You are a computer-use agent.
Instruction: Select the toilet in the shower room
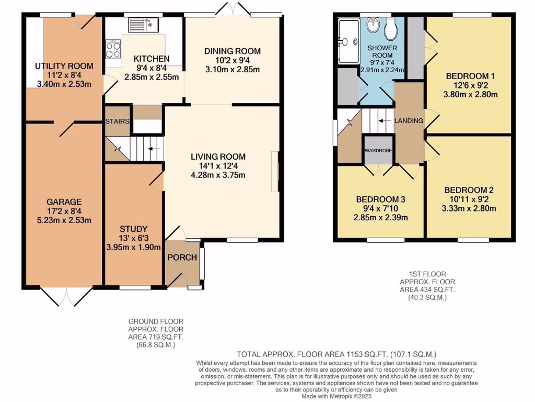click(x=390, y=29)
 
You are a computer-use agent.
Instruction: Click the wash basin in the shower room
click(x=373, y=25)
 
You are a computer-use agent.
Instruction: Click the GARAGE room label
click(x=64, y=202)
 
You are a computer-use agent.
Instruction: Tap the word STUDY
click(x=133, y=229)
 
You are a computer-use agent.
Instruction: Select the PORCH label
click(x=182, y=257)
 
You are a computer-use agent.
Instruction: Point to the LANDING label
click(x=409, y=121)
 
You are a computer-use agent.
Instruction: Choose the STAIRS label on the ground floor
click(x=117, y=121)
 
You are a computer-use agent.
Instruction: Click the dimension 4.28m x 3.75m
click(x=218, y=175)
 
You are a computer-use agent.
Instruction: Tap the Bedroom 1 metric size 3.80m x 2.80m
click(x=470, y=95)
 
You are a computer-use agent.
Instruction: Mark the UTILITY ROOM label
click(x=64, y=66)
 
